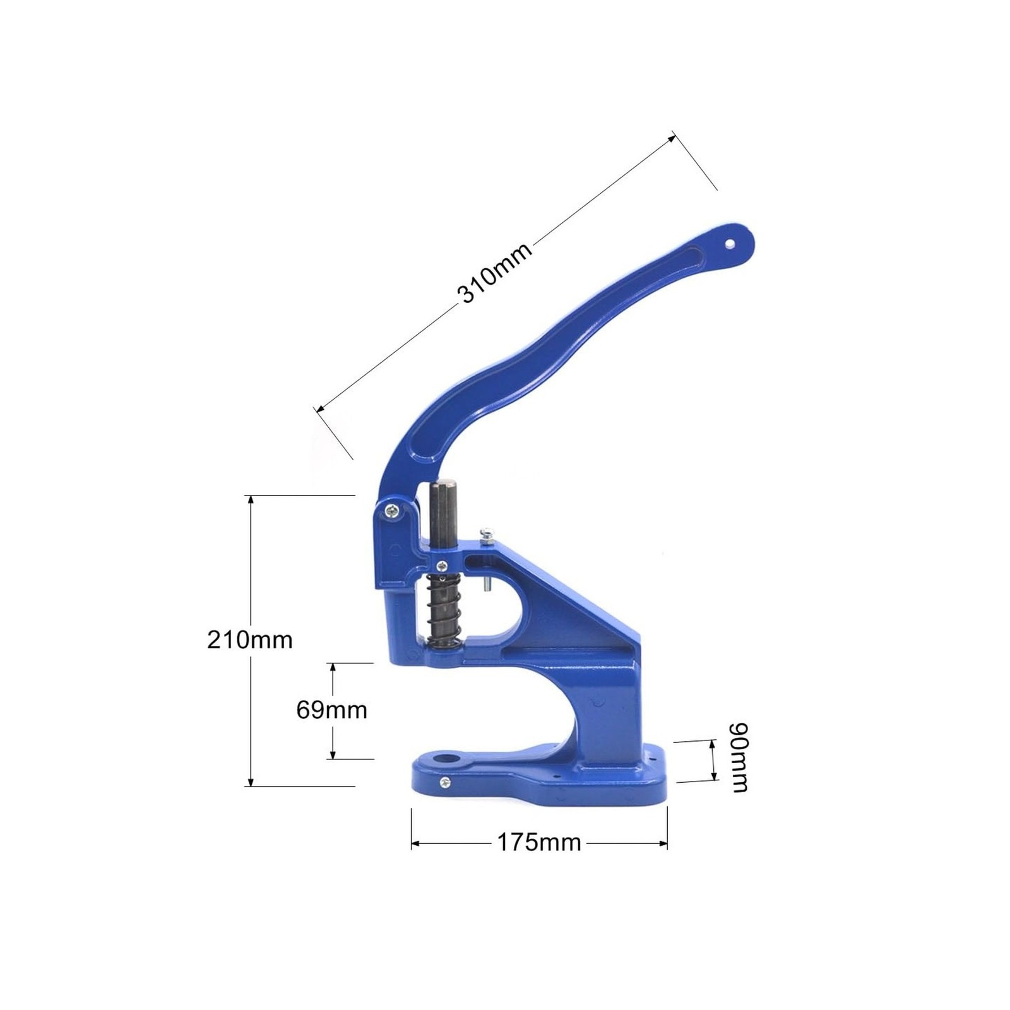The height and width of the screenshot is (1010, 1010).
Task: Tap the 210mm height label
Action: click(x=250, y=640)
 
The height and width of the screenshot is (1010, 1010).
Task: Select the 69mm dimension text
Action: click(x=331, y=710)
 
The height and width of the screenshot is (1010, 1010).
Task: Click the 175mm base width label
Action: click(x=539, y=842)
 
